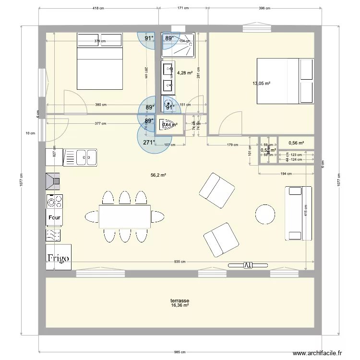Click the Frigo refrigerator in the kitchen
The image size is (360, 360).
point(58,258)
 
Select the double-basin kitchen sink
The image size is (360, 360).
point(81,156)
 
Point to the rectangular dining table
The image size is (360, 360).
point(125,216)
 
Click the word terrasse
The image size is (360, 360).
point(180,300)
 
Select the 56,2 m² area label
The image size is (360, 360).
point(158,176)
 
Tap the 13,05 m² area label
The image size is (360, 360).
point(261,84)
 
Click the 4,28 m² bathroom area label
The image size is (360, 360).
point(185,73)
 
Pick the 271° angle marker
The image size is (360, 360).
point(149,143)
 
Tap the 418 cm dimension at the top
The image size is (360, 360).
point(98,8)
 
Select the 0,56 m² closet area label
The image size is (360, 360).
point(296,143)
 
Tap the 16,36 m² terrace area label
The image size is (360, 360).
point(180,305)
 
